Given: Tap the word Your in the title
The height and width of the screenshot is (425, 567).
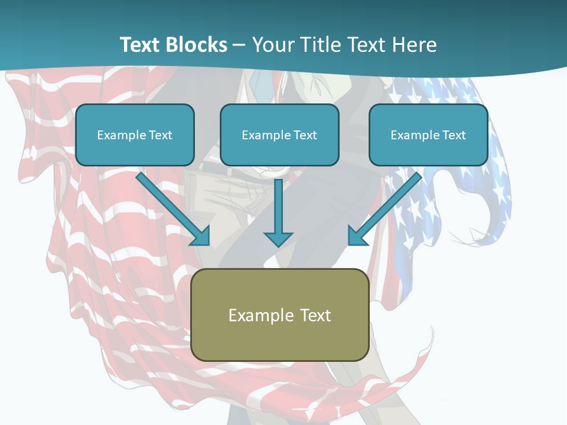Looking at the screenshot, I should (x=273, y=45).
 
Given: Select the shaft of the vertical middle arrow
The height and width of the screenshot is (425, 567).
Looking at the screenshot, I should (x=278, y=204).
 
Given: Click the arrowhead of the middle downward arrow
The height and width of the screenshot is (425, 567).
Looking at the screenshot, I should (x=278, y=238).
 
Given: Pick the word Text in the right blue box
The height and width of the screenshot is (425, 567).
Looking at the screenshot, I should (x=454, y=135).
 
